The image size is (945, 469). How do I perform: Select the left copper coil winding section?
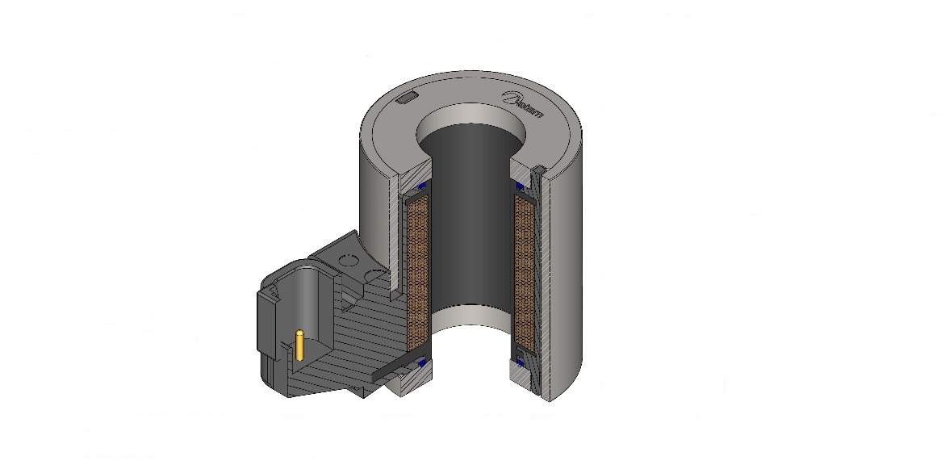(x=416, y=266)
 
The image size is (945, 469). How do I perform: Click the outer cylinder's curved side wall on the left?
(x=373, y=202)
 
